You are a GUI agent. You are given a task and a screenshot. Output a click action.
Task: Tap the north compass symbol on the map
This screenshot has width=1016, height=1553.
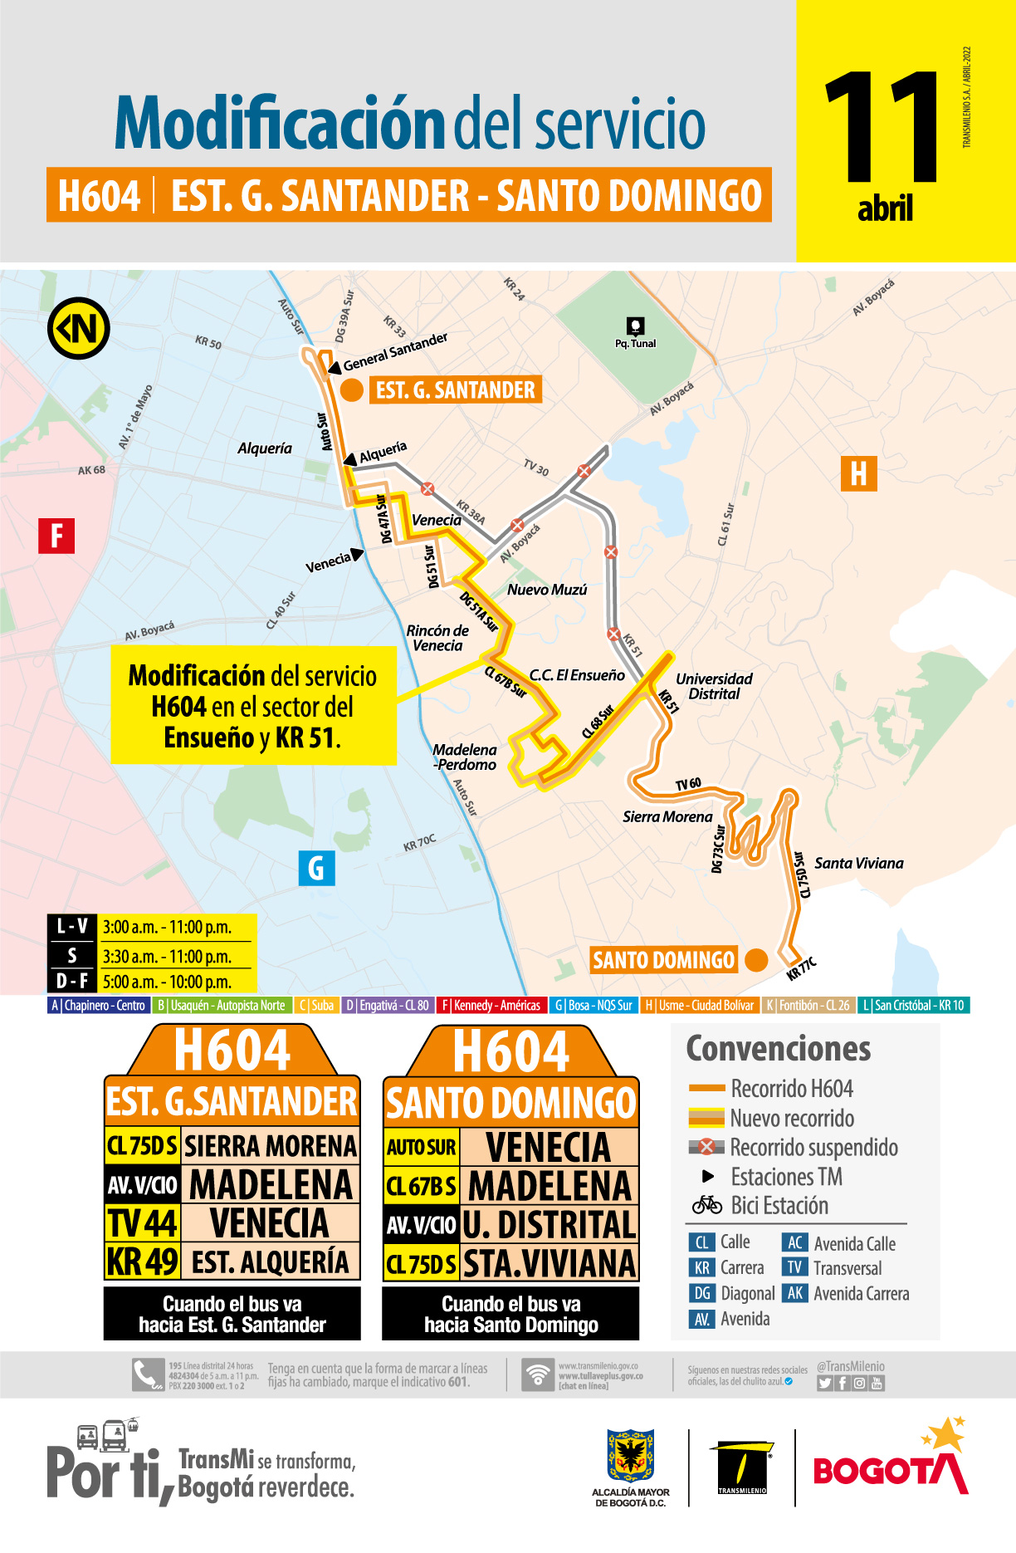(x=79, y=328)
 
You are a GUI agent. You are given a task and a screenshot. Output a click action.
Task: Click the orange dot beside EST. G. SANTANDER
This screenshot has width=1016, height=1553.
(x=352, y=389)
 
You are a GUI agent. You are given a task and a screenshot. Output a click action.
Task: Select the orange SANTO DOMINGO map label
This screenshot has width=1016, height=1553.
(x=663, y=960)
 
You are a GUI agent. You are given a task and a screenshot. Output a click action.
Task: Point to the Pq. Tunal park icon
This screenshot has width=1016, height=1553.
(x=635, y=326)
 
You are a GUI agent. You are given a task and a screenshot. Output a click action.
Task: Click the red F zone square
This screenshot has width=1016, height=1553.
(x=56, y=536)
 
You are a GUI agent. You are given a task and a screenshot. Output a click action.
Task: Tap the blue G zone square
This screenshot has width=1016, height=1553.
(x=316, y=868)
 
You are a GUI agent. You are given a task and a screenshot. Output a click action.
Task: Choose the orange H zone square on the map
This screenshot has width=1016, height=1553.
(x=858, y=473)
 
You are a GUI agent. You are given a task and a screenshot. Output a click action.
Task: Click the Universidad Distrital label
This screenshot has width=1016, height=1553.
(x=714, y=686)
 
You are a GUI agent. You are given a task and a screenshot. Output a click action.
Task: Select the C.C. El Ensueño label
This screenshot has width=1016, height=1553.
(x=577, y=675)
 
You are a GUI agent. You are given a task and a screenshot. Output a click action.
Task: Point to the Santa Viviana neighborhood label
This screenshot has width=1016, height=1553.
(x=858, y=863)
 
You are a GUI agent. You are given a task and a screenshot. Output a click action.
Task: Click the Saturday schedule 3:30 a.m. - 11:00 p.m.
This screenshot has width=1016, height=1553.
(x=167, y=956)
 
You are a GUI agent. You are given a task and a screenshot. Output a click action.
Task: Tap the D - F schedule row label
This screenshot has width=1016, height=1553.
(x=72, y=982)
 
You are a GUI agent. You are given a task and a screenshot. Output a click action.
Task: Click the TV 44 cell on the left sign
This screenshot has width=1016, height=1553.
(x=142, y=1223)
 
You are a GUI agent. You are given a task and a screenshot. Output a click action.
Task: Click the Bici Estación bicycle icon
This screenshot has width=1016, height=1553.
(x=706, y=1204)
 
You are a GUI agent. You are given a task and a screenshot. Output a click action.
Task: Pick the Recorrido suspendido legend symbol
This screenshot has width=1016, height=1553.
(x=706, y=1147)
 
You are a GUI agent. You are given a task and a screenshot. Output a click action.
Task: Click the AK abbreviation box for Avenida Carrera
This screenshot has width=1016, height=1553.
(x=795, y=1293)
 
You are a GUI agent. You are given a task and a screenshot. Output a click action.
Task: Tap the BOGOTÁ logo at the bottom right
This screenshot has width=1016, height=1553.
(x=890, y=1469)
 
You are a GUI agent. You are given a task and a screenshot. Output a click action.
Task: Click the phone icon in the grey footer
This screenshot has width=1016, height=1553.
(x=148, y=1375)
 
